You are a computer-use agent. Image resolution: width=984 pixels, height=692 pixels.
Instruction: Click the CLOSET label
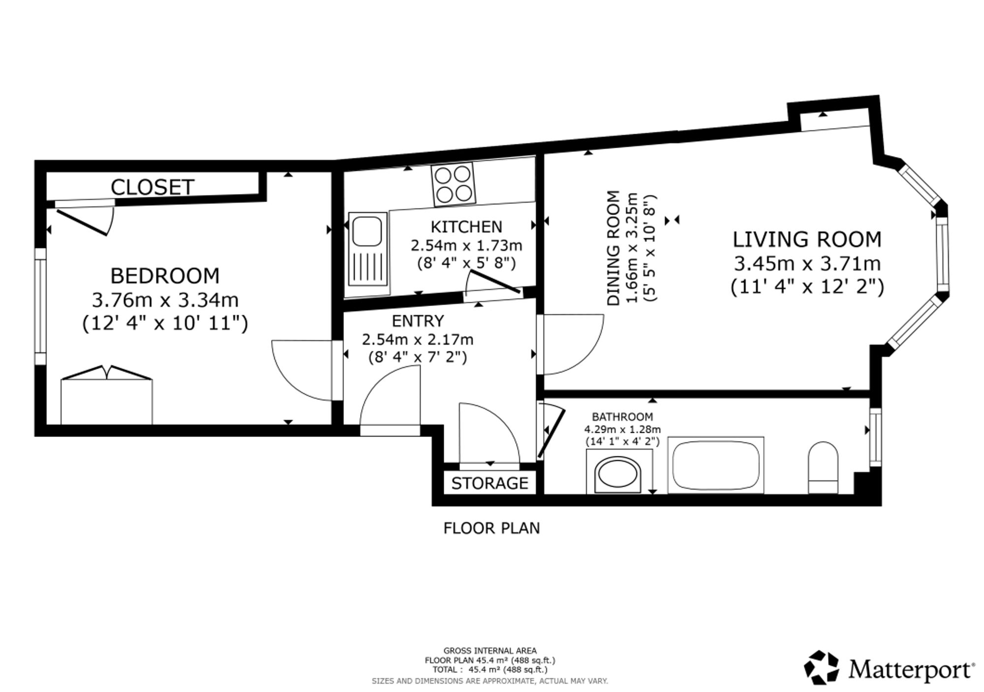[x=153, y=187]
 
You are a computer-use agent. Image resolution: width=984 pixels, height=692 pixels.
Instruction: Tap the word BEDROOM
[x=165, y=276]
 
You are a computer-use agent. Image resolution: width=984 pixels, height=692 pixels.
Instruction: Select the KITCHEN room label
[x=466, y=227]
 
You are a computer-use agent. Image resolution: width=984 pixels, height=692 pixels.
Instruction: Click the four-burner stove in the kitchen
[x=453, y=184]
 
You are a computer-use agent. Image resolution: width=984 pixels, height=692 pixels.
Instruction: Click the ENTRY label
[x=418, y=321]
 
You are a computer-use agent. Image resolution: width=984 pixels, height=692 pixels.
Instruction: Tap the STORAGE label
[x=490, y=483]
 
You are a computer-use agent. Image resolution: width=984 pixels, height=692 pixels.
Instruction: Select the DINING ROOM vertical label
[x=614, y=249]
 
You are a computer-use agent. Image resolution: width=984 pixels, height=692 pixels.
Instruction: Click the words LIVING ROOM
[x=807, y=240]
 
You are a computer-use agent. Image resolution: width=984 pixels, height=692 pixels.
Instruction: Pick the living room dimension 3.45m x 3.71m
[x=807, y=264]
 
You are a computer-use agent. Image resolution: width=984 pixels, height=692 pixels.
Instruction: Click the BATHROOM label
[x=622, y=417]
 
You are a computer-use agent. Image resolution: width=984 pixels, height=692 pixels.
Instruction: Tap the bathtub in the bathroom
[x=716, y=465]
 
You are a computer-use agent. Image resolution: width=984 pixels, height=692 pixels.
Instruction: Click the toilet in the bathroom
[x=823, y=468]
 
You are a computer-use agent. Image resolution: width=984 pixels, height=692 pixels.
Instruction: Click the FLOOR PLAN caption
[x=492, y=528]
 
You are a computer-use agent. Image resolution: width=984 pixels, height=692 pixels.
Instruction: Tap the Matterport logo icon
[x=821, y=667]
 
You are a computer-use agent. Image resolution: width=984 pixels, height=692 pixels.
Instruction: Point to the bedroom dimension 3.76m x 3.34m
[x=165, y=300]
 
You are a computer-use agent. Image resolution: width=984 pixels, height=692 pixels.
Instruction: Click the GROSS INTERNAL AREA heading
[x=490, y=651]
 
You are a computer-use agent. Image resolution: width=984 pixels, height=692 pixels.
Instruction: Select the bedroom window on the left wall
[x=40, y=306]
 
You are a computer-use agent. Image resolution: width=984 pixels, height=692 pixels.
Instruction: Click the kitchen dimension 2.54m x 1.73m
[x=466, y=245]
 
